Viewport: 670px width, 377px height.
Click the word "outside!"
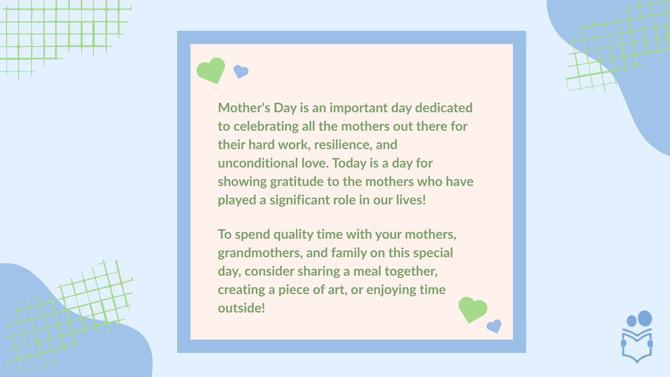(241, 308)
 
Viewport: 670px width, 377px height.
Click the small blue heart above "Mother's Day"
(241, 71)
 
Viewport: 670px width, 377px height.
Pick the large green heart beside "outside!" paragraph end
(472, 309)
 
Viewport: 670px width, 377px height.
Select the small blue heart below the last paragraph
(494, 326)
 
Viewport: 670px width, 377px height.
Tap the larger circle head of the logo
(644, 318)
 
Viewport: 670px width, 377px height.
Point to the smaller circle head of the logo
(631, 321)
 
